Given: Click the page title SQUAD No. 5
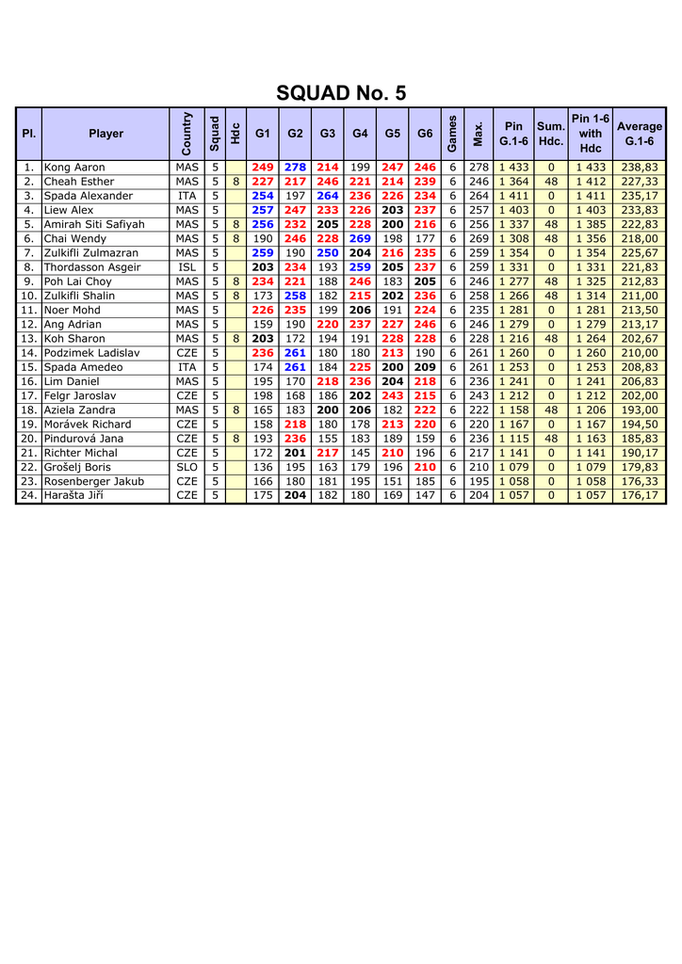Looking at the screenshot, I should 341,92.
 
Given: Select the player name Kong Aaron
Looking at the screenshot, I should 74,168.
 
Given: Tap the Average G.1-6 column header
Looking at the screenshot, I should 640,134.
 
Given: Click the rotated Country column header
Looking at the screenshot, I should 187,134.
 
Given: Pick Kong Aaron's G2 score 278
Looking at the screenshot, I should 295,168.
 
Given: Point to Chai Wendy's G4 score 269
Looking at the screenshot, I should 360,239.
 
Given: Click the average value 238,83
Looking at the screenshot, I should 640,168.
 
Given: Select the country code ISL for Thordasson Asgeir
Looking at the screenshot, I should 187,267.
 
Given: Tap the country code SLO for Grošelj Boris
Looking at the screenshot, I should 187,467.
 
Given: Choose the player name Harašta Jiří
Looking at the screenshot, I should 73,495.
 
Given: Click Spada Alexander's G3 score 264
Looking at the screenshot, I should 327,196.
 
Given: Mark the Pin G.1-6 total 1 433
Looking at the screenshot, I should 513,168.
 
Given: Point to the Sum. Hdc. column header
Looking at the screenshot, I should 550,134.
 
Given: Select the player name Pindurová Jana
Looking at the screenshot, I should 84,439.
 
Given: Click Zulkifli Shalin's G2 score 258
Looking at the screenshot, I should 295,296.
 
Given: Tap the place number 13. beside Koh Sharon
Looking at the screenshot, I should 28,339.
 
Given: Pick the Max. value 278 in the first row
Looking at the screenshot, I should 479,168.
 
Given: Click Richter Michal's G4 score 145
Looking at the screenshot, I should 360,453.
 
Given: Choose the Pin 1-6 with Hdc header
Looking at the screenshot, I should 591,134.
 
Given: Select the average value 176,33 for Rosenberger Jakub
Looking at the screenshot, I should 640,481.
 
